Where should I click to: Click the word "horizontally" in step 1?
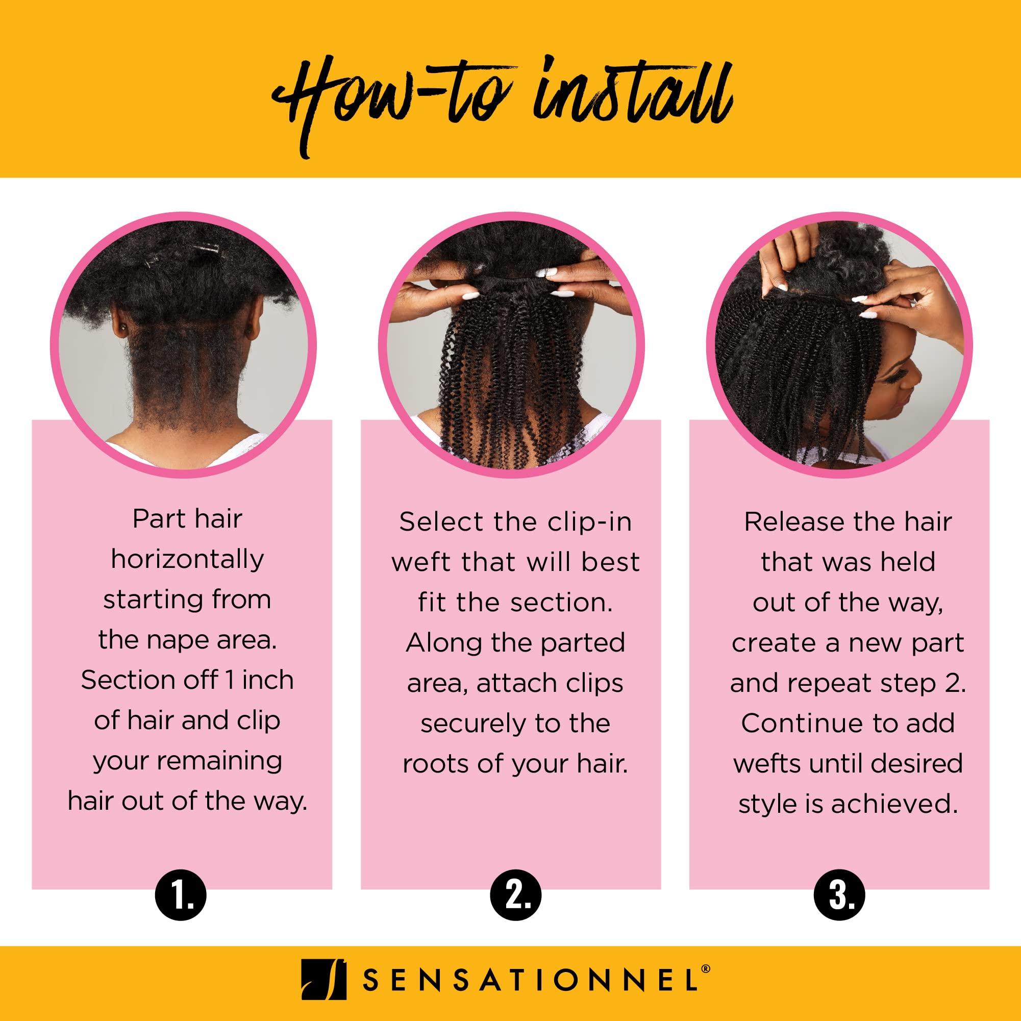pos(187,559)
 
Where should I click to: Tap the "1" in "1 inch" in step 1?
pos(230,680)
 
